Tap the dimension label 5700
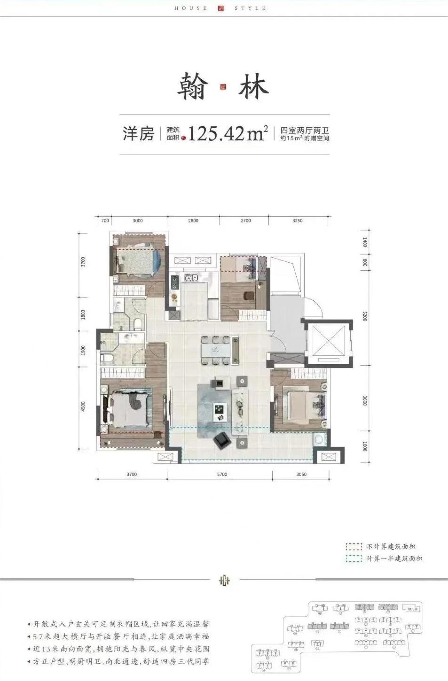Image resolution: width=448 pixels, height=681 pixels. pyautogui.click(x=222, y=474)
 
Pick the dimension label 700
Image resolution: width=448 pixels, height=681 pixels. pyautogui.click(x=105, y=221)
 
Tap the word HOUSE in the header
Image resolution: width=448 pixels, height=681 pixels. pyautogui.click(x=191, y=8)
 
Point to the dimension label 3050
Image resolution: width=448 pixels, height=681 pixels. pyautogui.click(x=301, y=474)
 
